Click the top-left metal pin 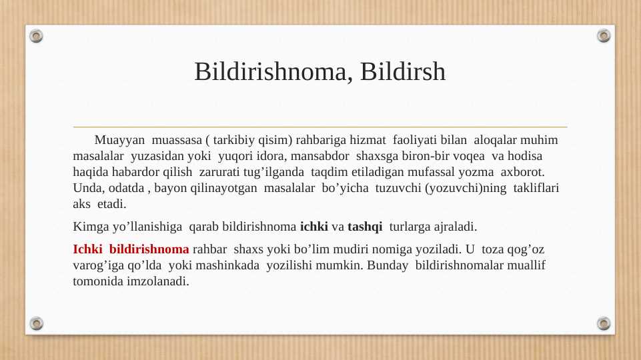click(x=37, y=35)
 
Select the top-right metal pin click(x=604, y=35)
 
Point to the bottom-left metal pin click(x=37, y=323)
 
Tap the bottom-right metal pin click(x=604, y=323)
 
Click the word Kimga click(x=90, y=227)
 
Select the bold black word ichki click(x=314, y=227)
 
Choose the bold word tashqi click(x=365, y=227)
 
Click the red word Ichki click(x=87, y=250)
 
